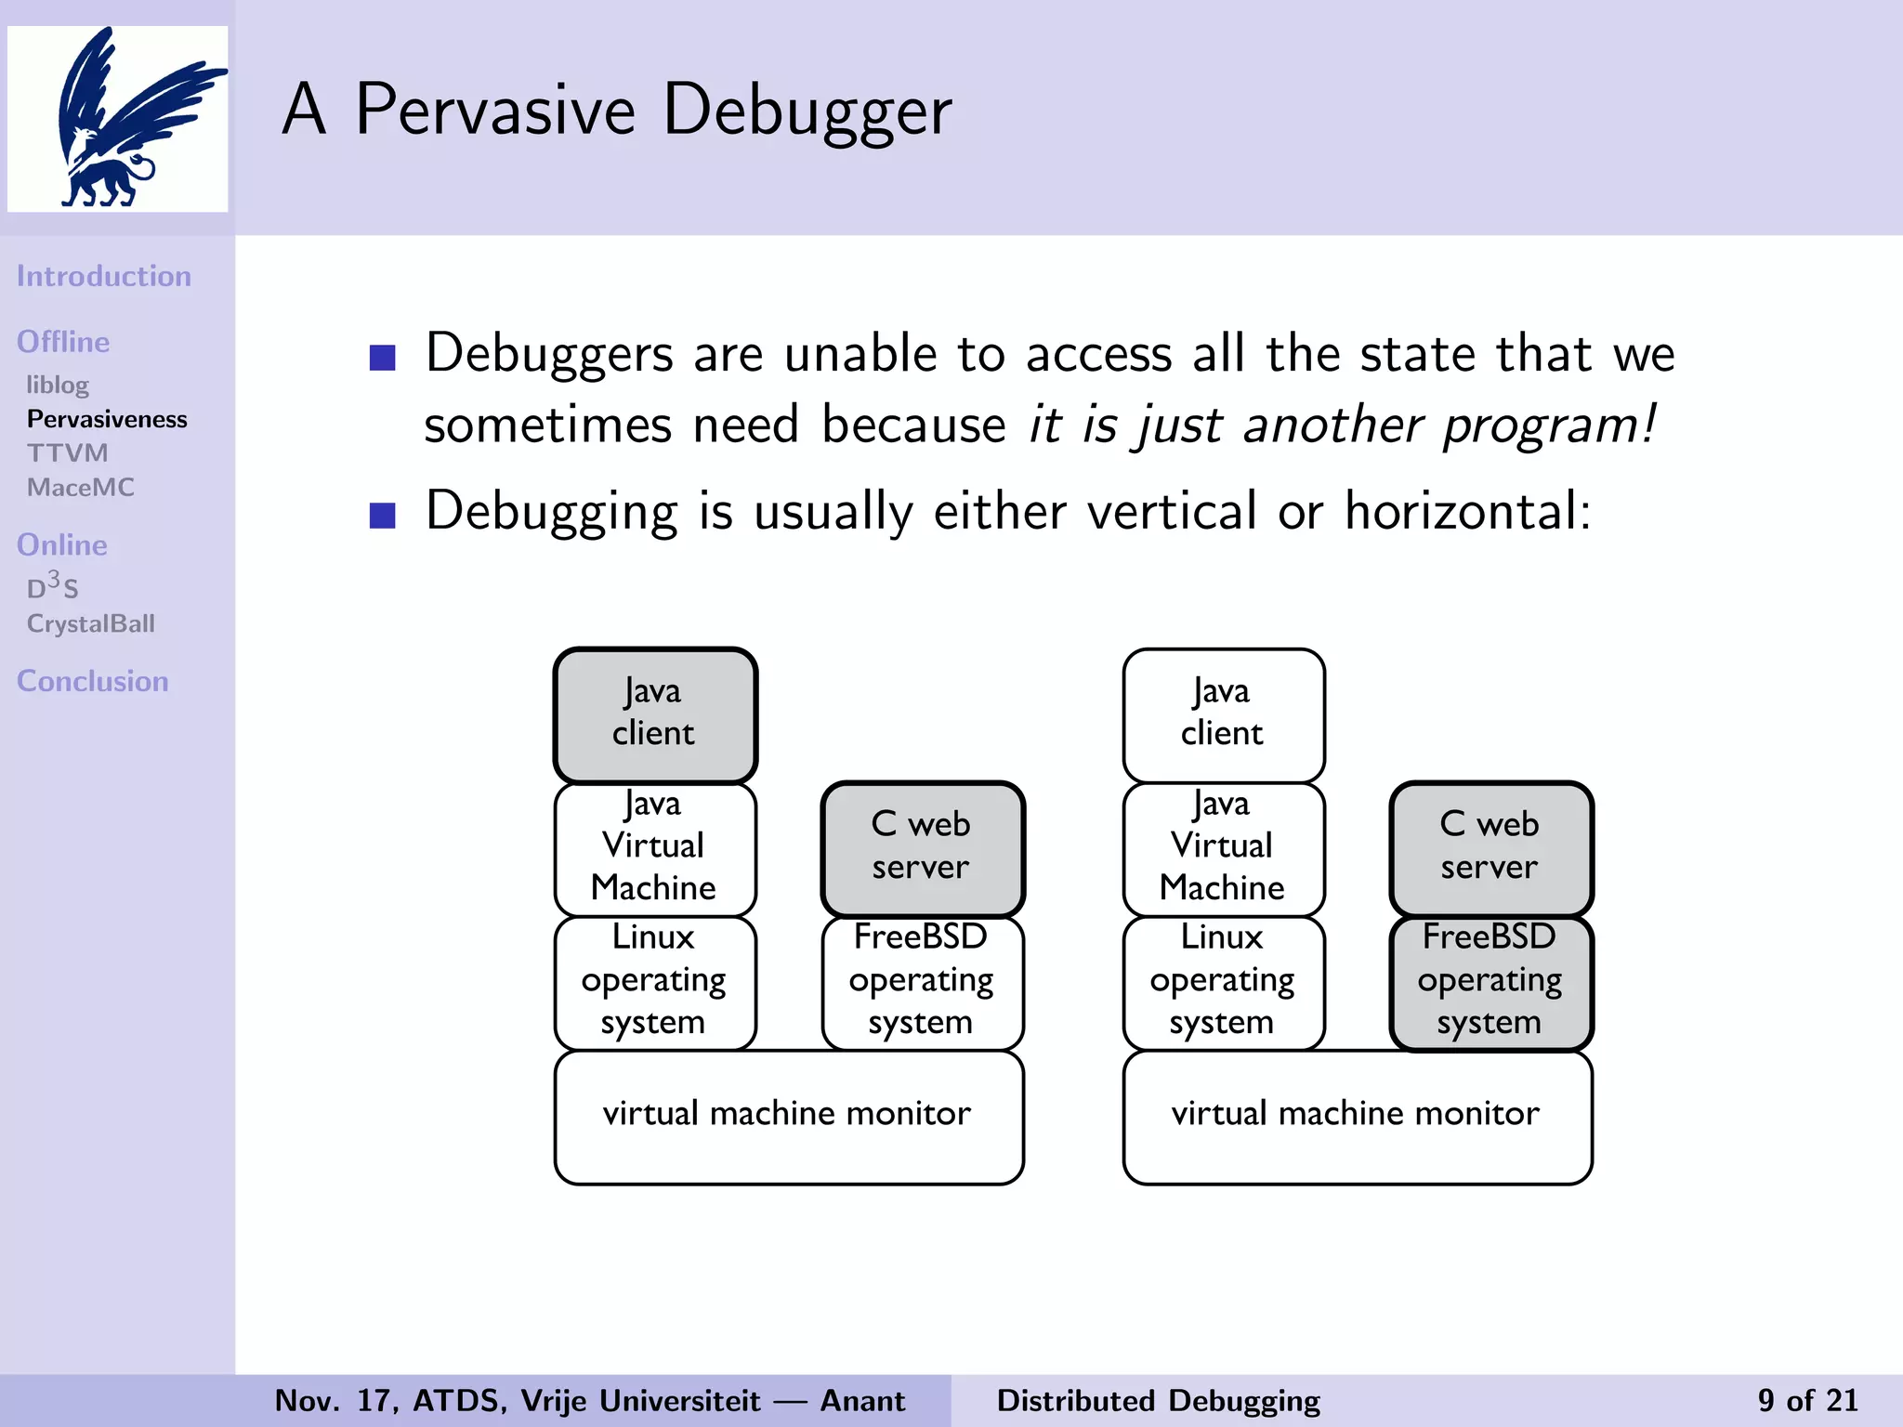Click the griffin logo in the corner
[118, 119]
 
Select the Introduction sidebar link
[104, 276]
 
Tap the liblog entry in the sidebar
[58, 385]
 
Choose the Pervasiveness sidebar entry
[107, 419]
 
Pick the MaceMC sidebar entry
[81, 487]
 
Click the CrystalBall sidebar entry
[91, 623]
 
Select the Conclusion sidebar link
[93, 681]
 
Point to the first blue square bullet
[383, 358]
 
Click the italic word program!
[1549, 425]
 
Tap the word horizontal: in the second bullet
[1468, 511]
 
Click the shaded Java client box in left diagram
[655, 714]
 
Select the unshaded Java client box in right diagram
[1223, 714]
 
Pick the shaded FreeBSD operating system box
[1490, 982]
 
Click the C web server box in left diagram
[922, 848]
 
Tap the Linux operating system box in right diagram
[1223, 982]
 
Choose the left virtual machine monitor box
[788, 1116]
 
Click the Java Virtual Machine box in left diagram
[655, 848]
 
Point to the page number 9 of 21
[1806, 1400]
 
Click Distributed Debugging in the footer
[1158, 1400]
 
